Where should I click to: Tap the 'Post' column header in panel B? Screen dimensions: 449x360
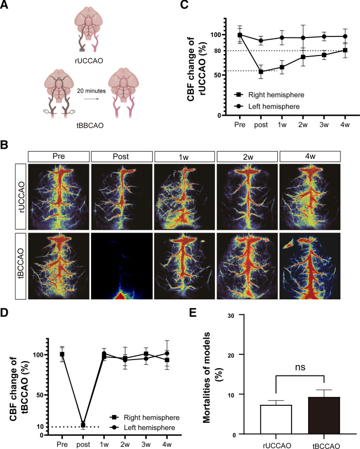121,155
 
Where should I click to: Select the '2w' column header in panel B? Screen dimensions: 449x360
247,155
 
